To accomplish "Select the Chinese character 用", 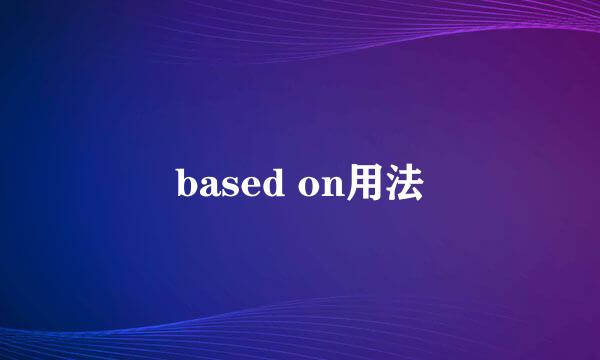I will (363, 185).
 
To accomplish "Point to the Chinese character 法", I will (403, 185).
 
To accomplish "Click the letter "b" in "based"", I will (186, 186).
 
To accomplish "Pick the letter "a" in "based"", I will (208, 189).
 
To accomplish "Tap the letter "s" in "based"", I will (229, 189).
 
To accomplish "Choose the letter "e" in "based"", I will (248, 189).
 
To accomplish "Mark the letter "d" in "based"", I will (272, 186).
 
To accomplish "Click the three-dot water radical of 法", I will (390, 186).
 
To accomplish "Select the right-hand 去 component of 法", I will (409, 185).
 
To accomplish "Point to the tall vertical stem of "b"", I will (180, 183).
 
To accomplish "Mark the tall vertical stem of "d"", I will (279, 183).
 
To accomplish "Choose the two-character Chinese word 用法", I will (383, 185).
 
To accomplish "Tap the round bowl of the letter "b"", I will (189, 190).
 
